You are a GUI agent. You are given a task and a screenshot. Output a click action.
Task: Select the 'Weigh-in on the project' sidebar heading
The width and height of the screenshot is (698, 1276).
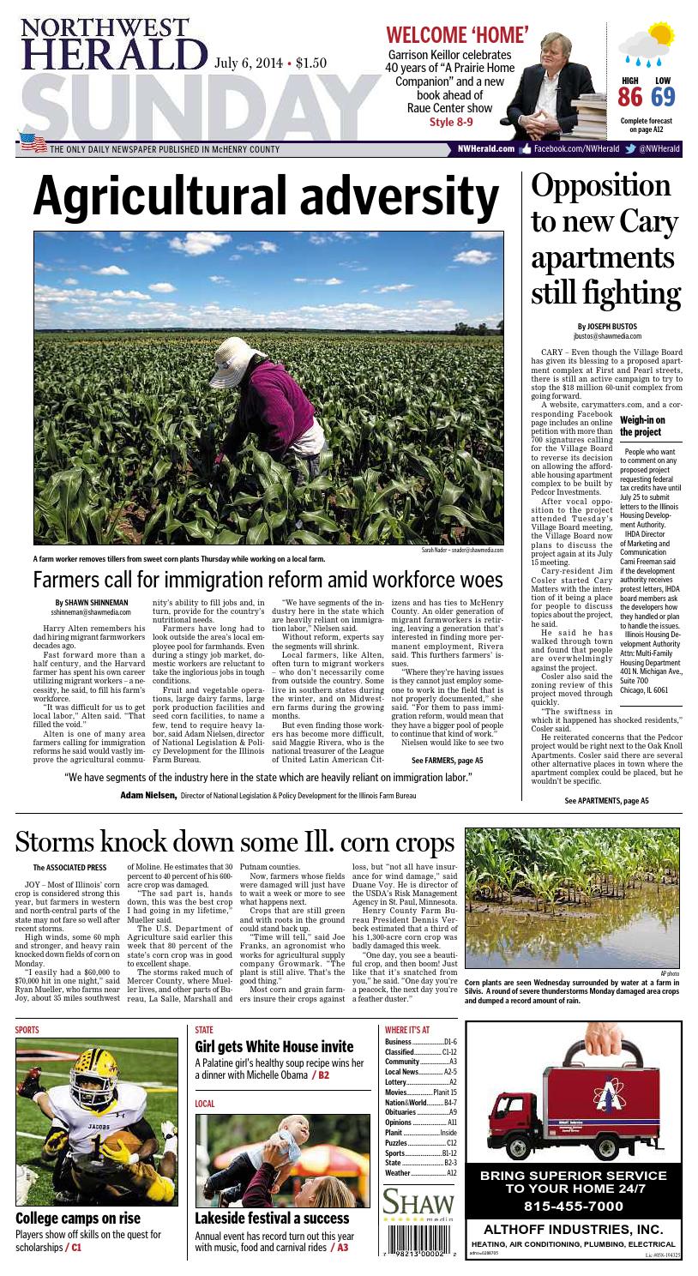tap(645, 425)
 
